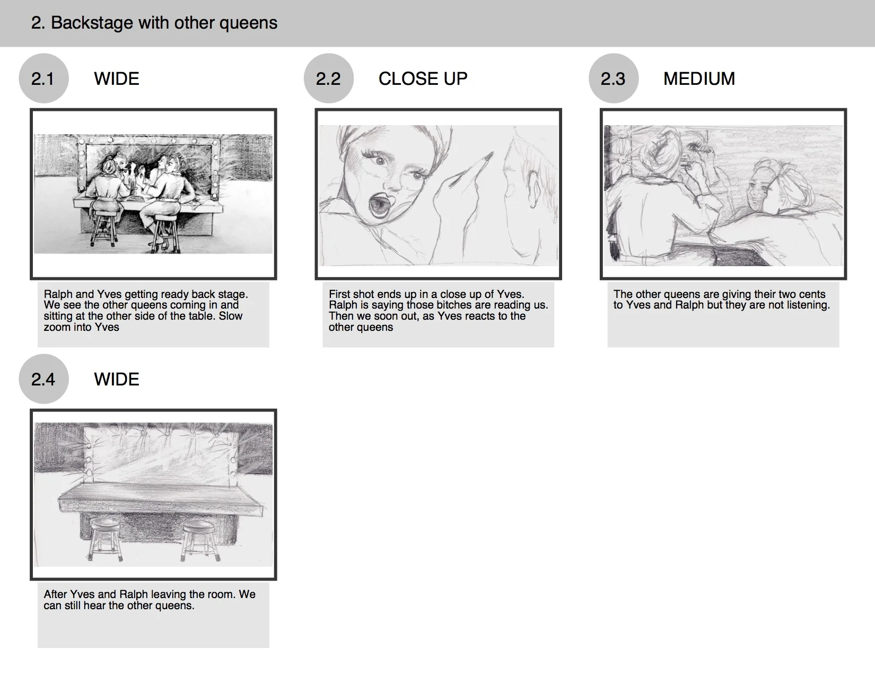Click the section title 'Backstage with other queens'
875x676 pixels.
coord(164,23)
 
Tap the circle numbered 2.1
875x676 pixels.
coord(43,78)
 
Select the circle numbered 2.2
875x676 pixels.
coord(329,78)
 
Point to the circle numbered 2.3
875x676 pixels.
coord(614,78)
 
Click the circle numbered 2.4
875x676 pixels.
coord(43,379)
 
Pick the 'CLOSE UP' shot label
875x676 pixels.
coord(423,78)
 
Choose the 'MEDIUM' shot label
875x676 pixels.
coord(699,78)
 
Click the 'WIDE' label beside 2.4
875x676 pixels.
coord(117,379)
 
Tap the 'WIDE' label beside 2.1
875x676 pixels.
coord(117,78)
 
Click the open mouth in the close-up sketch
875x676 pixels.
coord(381,205)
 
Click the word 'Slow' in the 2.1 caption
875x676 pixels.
coord(230,315)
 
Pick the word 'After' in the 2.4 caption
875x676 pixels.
coord(56,594)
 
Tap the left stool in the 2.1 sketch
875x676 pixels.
coord(103,230)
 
